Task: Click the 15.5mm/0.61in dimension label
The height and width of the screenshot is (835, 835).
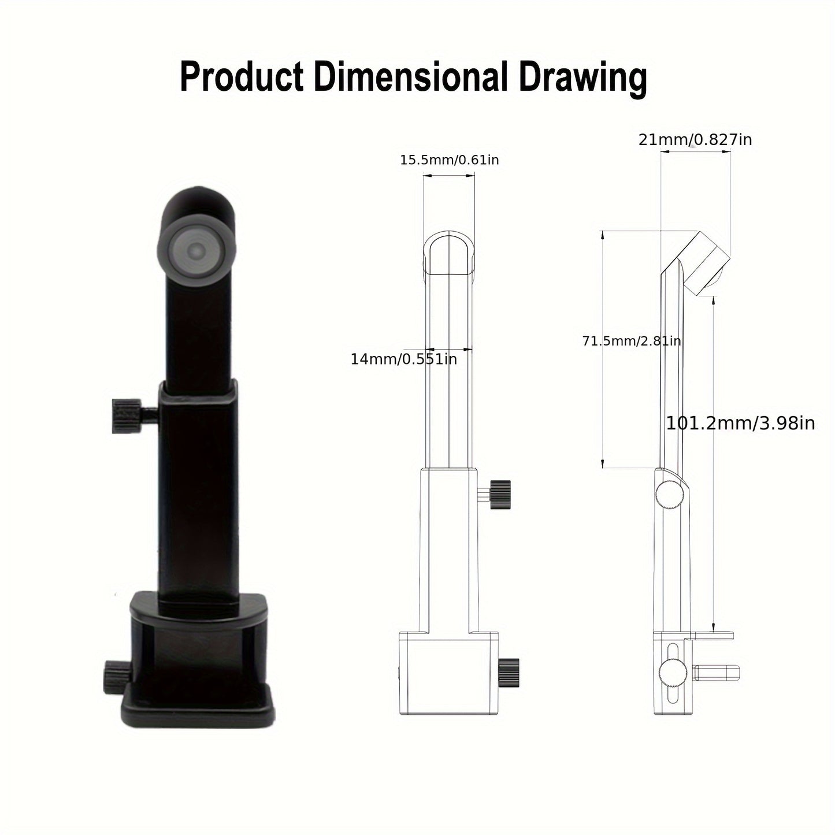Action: tap(450, 160)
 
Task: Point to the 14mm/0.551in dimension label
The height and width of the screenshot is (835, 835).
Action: tap(404, 359)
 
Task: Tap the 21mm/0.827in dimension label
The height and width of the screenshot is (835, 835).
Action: tap(695, 139)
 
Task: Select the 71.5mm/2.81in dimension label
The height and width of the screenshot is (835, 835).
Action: tap(632, 342)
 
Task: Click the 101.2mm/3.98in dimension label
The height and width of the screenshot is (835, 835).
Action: tap(740, 424)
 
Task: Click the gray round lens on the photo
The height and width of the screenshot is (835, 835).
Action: tap(196, 250)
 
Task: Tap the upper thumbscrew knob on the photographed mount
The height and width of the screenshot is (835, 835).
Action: tap(127, 415)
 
